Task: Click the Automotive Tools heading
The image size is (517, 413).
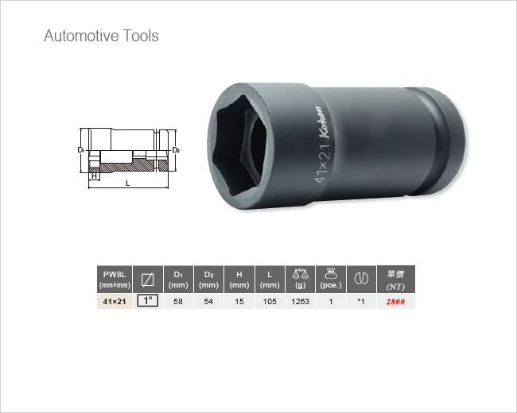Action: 101,36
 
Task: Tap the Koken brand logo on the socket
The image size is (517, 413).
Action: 323,122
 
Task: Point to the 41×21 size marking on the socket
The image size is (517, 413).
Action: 322,163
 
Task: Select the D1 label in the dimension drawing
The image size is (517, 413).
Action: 81,150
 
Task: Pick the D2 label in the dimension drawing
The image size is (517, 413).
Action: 176,150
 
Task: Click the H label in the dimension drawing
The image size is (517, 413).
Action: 95,176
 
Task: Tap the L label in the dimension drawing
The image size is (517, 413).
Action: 128,183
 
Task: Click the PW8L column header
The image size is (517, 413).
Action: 115,280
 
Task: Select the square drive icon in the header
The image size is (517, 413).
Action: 148,280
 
